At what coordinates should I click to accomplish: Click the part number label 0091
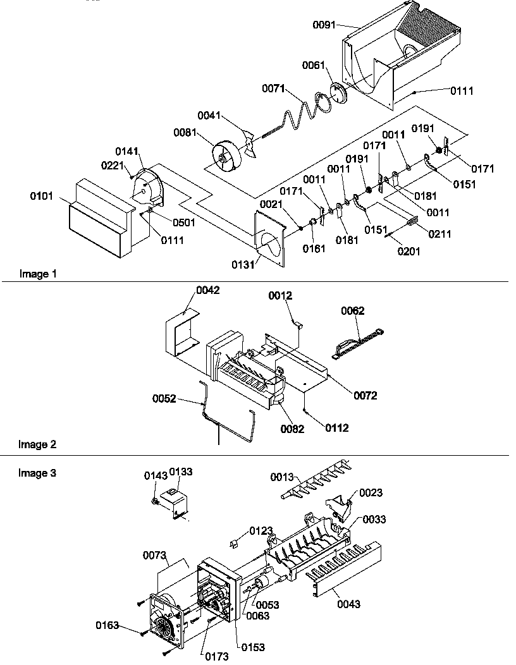(x=325, y=25)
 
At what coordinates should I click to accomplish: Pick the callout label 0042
(x=207, y=290)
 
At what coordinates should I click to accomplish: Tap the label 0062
(x=353, y=310)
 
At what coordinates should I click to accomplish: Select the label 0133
(x=180, y=472)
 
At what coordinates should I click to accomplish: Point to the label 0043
(x=348, y=604)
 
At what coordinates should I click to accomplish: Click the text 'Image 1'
(x=34, y=274)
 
